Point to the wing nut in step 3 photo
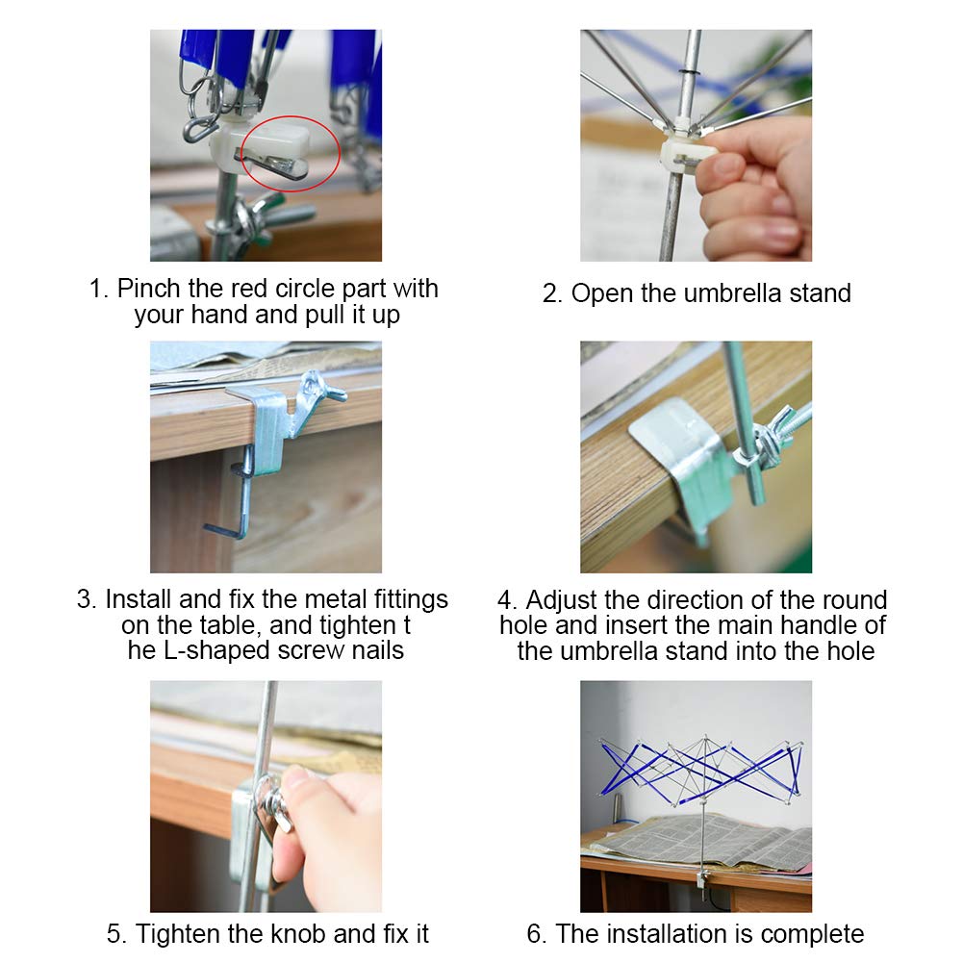[319, 390]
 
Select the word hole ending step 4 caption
[850, 651]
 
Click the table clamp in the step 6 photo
[702, 879]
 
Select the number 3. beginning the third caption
[87, 599]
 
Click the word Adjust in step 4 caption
[561, 600]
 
